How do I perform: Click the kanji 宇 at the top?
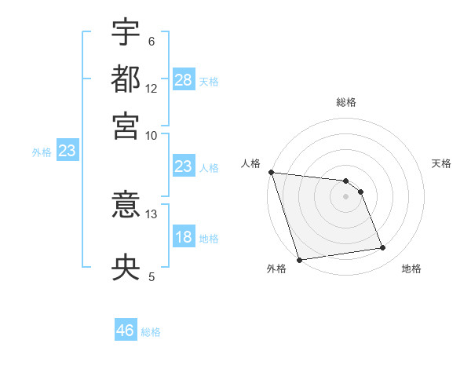point(126,33)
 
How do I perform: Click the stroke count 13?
point(152,213)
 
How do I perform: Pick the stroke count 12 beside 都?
point(152,90)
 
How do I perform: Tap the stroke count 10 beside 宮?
point(152,135)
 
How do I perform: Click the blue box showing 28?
point(184,79)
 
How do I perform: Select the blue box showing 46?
point(126,331)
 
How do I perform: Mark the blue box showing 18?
point(184,238)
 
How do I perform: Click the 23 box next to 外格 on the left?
point(67,152)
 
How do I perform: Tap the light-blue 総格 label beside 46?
point(151,332)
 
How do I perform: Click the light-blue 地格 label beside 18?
point(209,239)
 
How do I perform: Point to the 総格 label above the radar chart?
point(346,102)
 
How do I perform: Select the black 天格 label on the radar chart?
point(441,163)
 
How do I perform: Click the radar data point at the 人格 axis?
point(271,172)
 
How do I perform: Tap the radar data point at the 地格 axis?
point(383,248)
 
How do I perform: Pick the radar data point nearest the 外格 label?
point(299,260)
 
